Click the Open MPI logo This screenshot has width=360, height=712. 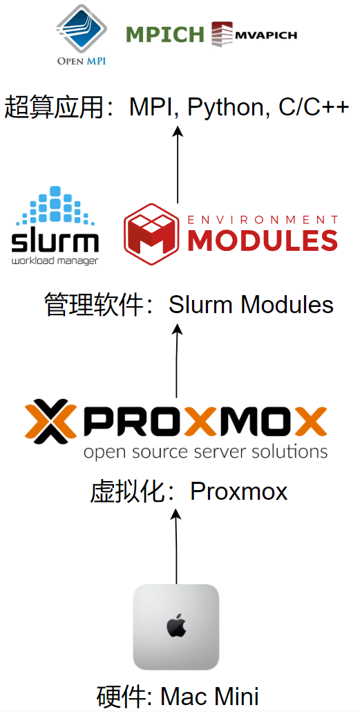(x=82, y=33)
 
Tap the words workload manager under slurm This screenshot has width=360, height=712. (x=55, y=261)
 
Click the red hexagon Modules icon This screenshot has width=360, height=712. (x=151, y=234)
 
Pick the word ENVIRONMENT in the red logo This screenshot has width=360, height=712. (x=263, y=219)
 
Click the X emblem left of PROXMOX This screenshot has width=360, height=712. (x=53, y=421)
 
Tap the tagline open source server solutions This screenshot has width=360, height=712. (x=205, y=453)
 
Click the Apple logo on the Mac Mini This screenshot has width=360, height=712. (x=176, y=626)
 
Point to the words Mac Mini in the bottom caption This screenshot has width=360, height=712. (x=209, y=695)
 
